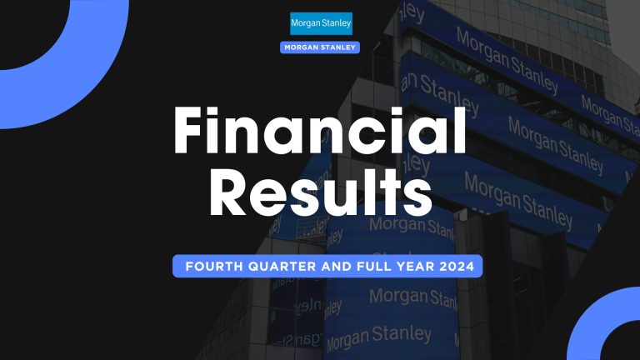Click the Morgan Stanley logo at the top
coord(321,23)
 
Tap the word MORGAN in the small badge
coord(303,47)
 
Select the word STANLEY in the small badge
coord(338,47)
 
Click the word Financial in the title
coord(319,134)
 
